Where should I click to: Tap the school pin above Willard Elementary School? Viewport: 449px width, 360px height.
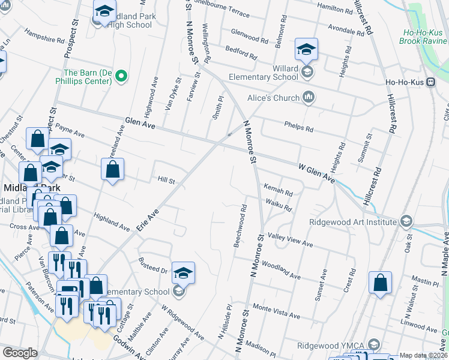[x=306, y=50]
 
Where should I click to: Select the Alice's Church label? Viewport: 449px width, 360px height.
[x=273, y=98]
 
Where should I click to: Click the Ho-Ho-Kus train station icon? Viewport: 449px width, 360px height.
[x=430, y=83]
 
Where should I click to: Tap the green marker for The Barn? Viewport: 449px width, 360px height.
[x=121, y=76]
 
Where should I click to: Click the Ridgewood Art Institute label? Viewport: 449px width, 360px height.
[x=352, y=221]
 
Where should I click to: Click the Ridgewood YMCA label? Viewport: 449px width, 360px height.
[x=332, y=346]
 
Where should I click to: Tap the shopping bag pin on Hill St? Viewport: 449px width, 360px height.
[x=112, y=170]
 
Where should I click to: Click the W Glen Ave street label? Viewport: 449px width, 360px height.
[x=316, y=171]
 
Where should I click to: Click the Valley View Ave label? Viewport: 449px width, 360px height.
[x=291, y=240]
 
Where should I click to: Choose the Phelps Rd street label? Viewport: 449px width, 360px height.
[x=301, y=128]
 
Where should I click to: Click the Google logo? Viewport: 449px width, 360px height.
[x=20, y=353]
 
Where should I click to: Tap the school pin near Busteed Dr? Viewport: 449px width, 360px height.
[x=183, y=274]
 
